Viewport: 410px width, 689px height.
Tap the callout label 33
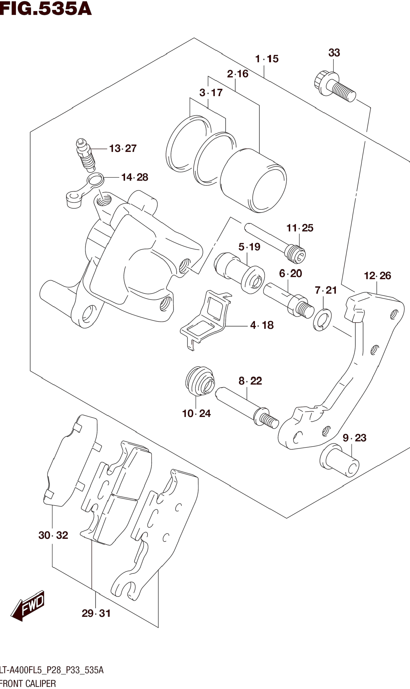(x=334, y=53)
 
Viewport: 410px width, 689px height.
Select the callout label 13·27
(x=123, y=148)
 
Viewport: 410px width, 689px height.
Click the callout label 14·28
(x=135, y=177)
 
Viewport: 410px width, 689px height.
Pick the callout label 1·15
(x=267, y=59)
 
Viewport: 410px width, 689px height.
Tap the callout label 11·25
(x=300, y=228)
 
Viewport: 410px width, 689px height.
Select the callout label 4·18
(x=262, y=325)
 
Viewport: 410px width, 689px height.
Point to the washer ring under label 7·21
(x=322, y=320)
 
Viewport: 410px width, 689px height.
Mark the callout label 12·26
(x=377, y=276)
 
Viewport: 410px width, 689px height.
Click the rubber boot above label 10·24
(x=199, y=381)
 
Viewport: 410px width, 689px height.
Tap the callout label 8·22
(x=250, y=381)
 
